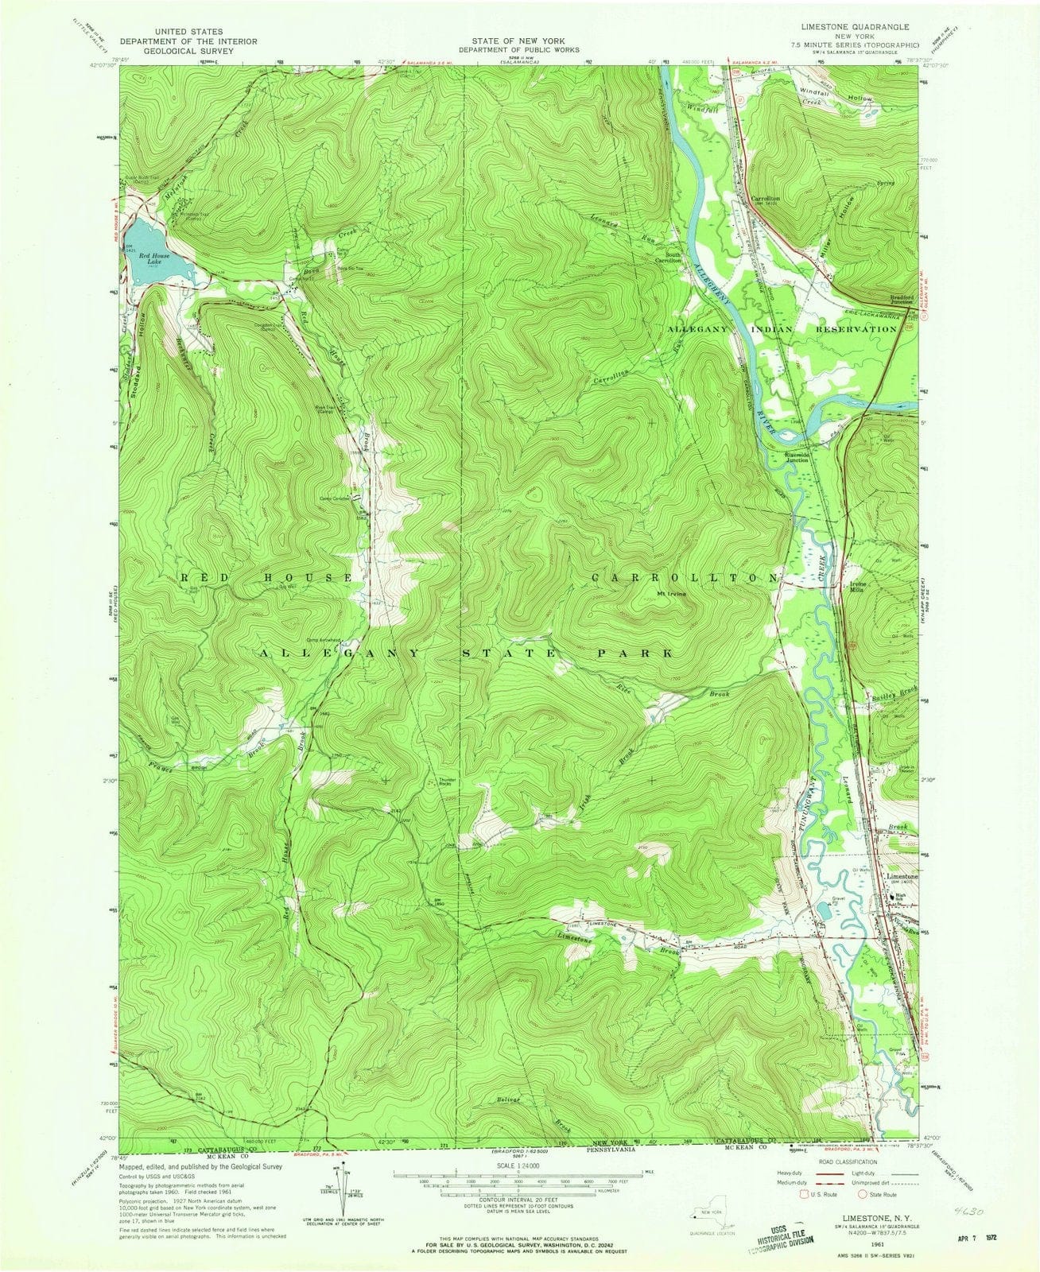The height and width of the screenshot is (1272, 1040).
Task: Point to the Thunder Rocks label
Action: (x=447, y=781)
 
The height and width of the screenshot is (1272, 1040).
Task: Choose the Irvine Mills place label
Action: (x=852, y=588)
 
